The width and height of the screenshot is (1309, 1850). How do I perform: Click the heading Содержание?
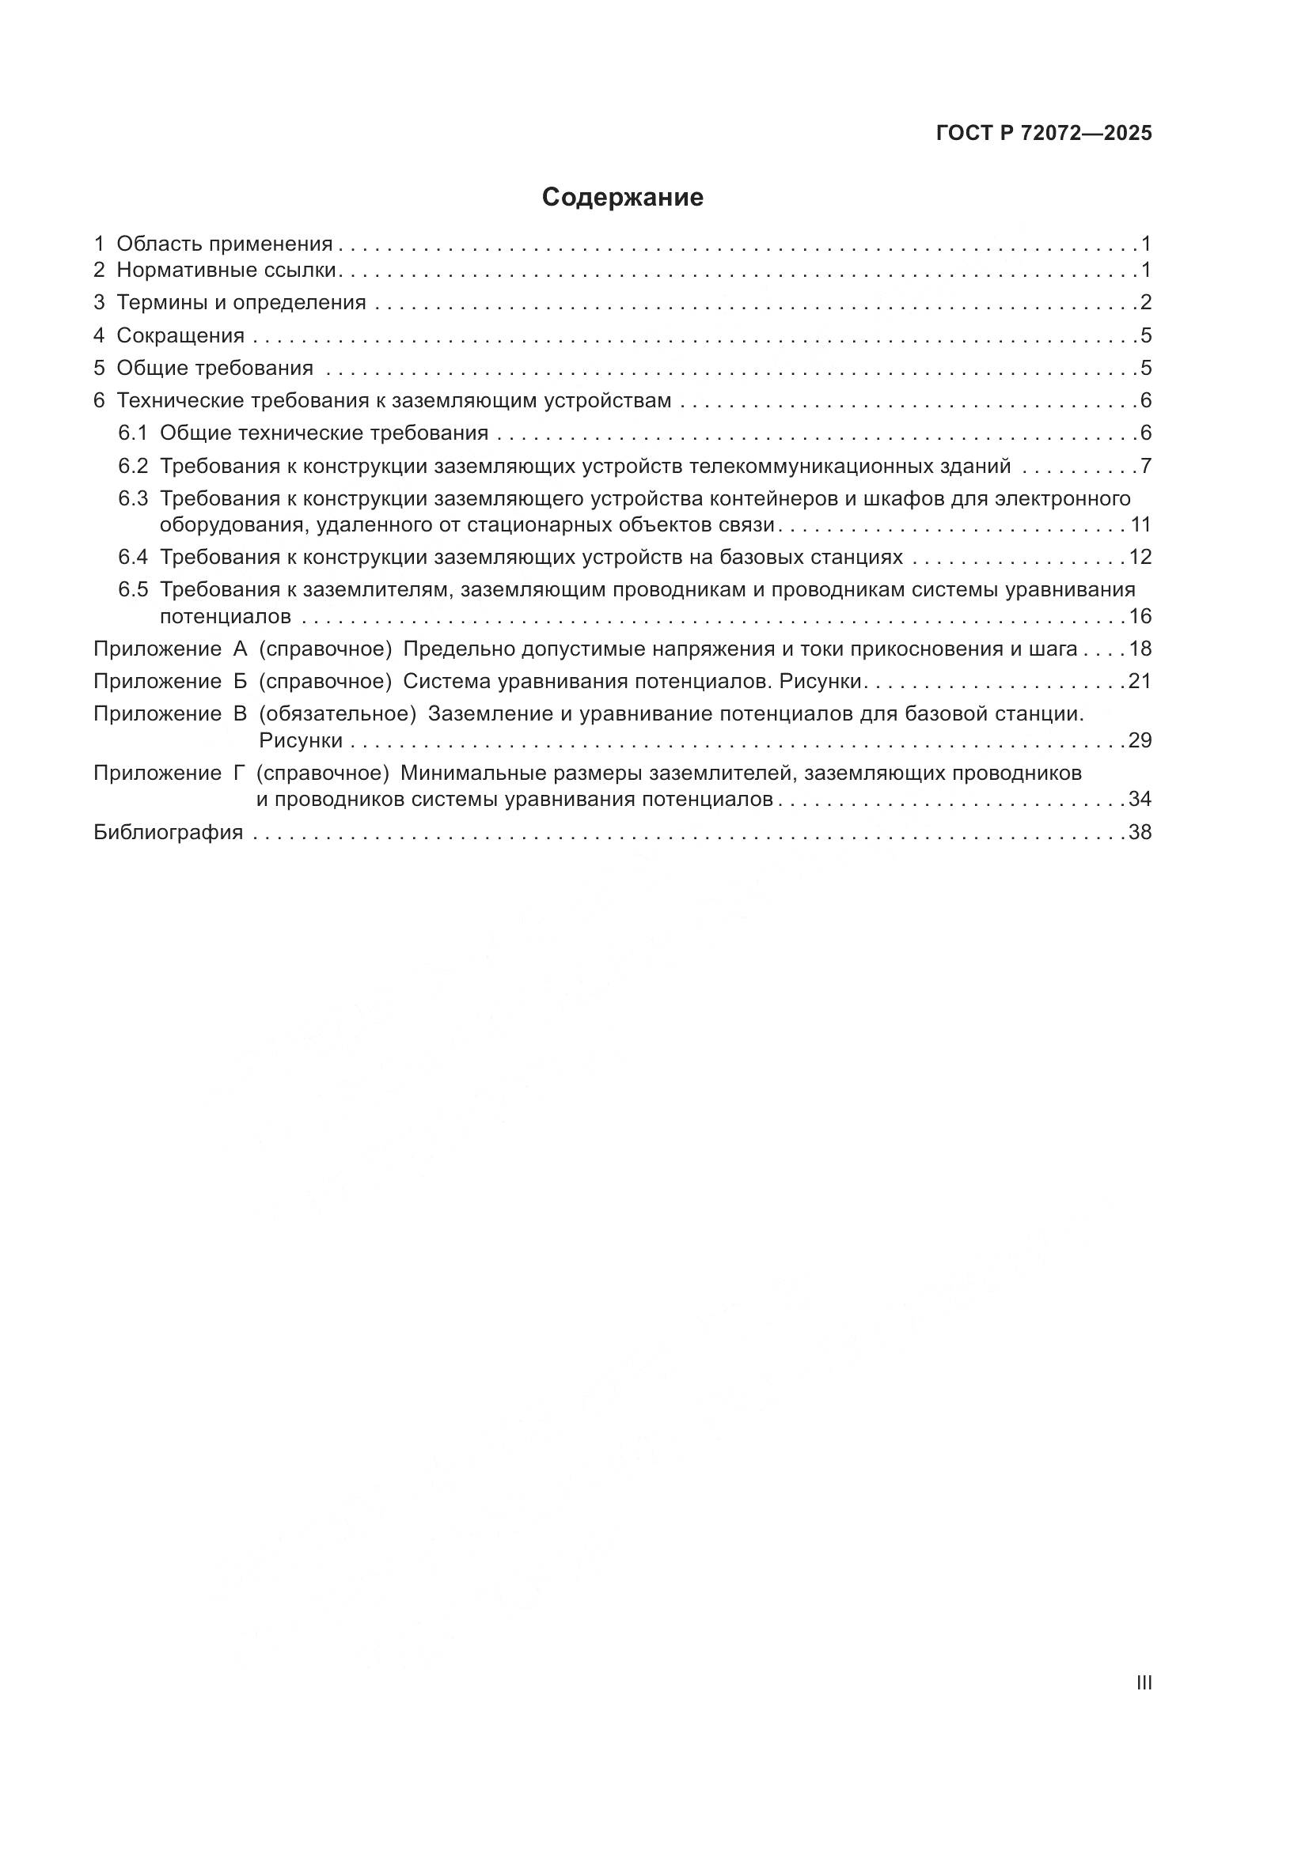622,198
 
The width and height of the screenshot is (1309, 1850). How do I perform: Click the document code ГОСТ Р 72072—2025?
1044,134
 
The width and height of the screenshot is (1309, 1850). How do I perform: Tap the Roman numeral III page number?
1143,1682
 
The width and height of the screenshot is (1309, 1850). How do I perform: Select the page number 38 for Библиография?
1140,832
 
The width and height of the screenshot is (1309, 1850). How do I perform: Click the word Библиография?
169,832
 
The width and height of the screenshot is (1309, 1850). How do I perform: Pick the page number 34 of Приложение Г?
1140,800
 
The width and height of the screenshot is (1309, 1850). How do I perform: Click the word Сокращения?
180,335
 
